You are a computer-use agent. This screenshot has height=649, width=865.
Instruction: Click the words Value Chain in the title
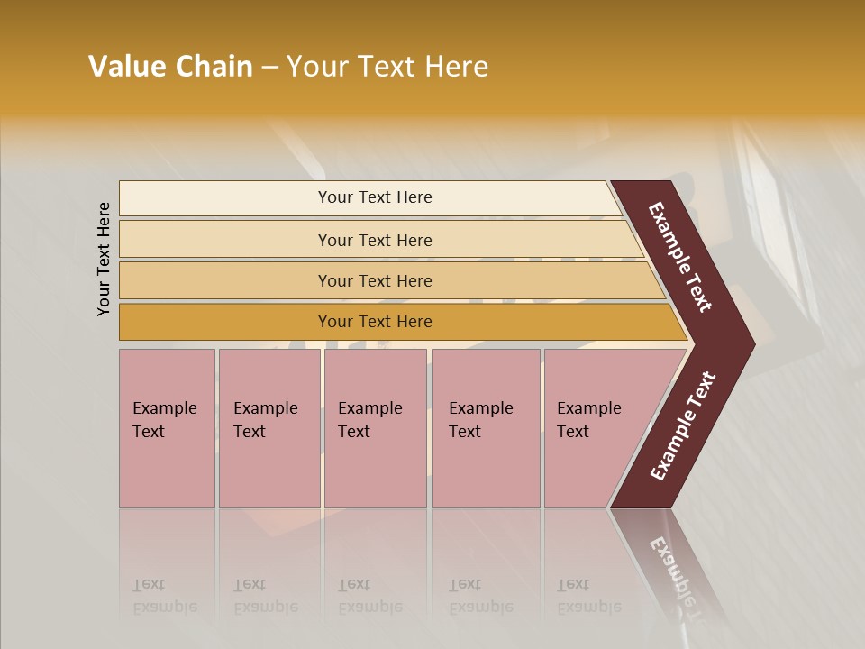click(170, 67)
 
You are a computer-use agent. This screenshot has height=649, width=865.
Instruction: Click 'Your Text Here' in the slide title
click(387, 67)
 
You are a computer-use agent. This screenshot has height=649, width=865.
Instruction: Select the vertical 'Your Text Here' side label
click(105, 259)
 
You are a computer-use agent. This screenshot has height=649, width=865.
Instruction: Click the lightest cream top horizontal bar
click(375, 197)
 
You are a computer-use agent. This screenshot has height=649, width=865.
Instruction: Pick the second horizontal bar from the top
click(375, 240)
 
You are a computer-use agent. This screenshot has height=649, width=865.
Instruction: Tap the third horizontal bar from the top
click(375, 280)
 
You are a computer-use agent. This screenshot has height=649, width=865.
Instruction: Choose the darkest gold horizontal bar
click(375, 322)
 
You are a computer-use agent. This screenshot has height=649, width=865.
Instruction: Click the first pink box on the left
click(167, 428)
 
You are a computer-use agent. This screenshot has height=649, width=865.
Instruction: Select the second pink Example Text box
click(269, 428)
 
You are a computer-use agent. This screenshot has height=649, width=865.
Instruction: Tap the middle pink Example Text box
click(375, 428)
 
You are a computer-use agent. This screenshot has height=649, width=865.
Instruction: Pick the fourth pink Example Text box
click(486, 428)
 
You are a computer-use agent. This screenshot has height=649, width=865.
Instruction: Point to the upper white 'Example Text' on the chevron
click(680, 258)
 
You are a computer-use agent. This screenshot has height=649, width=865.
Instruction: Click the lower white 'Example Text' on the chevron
click(684, 425)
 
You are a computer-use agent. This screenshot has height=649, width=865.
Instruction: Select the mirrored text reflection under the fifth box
click(588, 596)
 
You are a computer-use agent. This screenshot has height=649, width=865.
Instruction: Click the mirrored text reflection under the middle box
click(369, 596)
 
